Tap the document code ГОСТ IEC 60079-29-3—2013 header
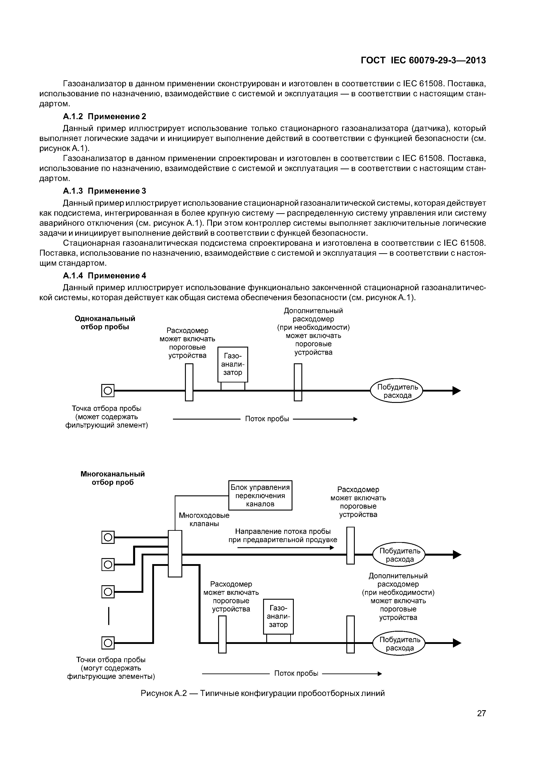(423, 60)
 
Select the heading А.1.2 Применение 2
(104, 117)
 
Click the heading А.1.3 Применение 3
(104, 191)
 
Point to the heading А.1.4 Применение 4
(104, 275)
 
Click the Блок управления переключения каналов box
(260, 495)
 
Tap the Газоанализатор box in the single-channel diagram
(233, 364)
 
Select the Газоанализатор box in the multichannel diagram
(278, 616)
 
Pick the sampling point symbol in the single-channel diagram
(108, 391)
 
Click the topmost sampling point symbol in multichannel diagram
(108, 537)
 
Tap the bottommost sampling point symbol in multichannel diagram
(108, 643)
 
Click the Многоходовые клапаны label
(204, 519)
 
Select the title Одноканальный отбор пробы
(105, 323)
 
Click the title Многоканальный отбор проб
(113, 478)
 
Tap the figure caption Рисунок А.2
(263, 693)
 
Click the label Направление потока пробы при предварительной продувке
(283, 535)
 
